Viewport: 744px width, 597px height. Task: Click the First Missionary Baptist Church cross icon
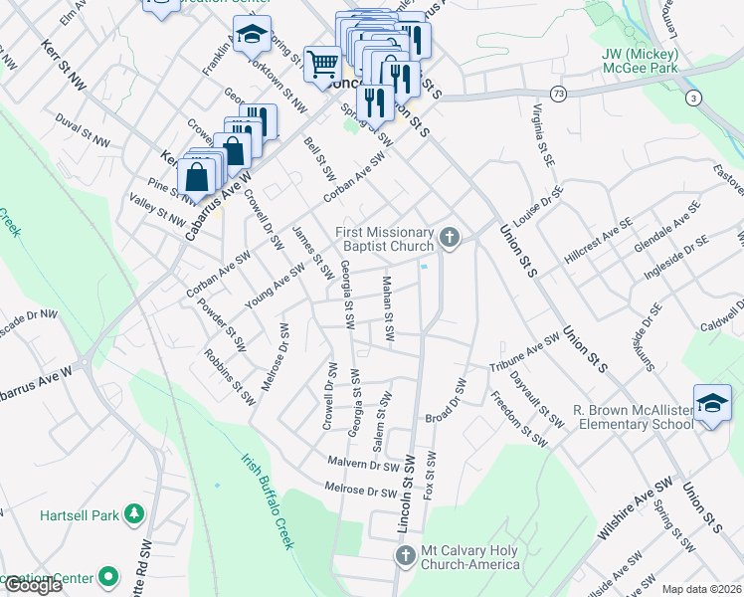click(451, 237)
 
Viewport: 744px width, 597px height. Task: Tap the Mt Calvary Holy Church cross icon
click(405, 555)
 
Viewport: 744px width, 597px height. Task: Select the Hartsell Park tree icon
click(133, 514)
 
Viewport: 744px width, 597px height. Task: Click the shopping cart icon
click(322, 64)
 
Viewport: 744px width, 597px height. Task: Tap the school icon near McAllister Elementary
click(713, 403)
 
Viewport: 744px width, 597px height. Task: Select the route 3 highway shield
click(692, 97)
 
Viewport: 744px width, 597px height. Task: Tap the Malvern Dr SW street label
click(363, 463)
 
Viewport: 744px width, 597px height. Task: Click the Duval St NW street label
click(83, 129)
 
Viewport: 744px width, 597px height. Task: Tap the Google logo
click(32, 586)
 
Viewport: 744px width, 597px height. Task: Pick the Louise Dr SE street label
click(538, 206)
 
